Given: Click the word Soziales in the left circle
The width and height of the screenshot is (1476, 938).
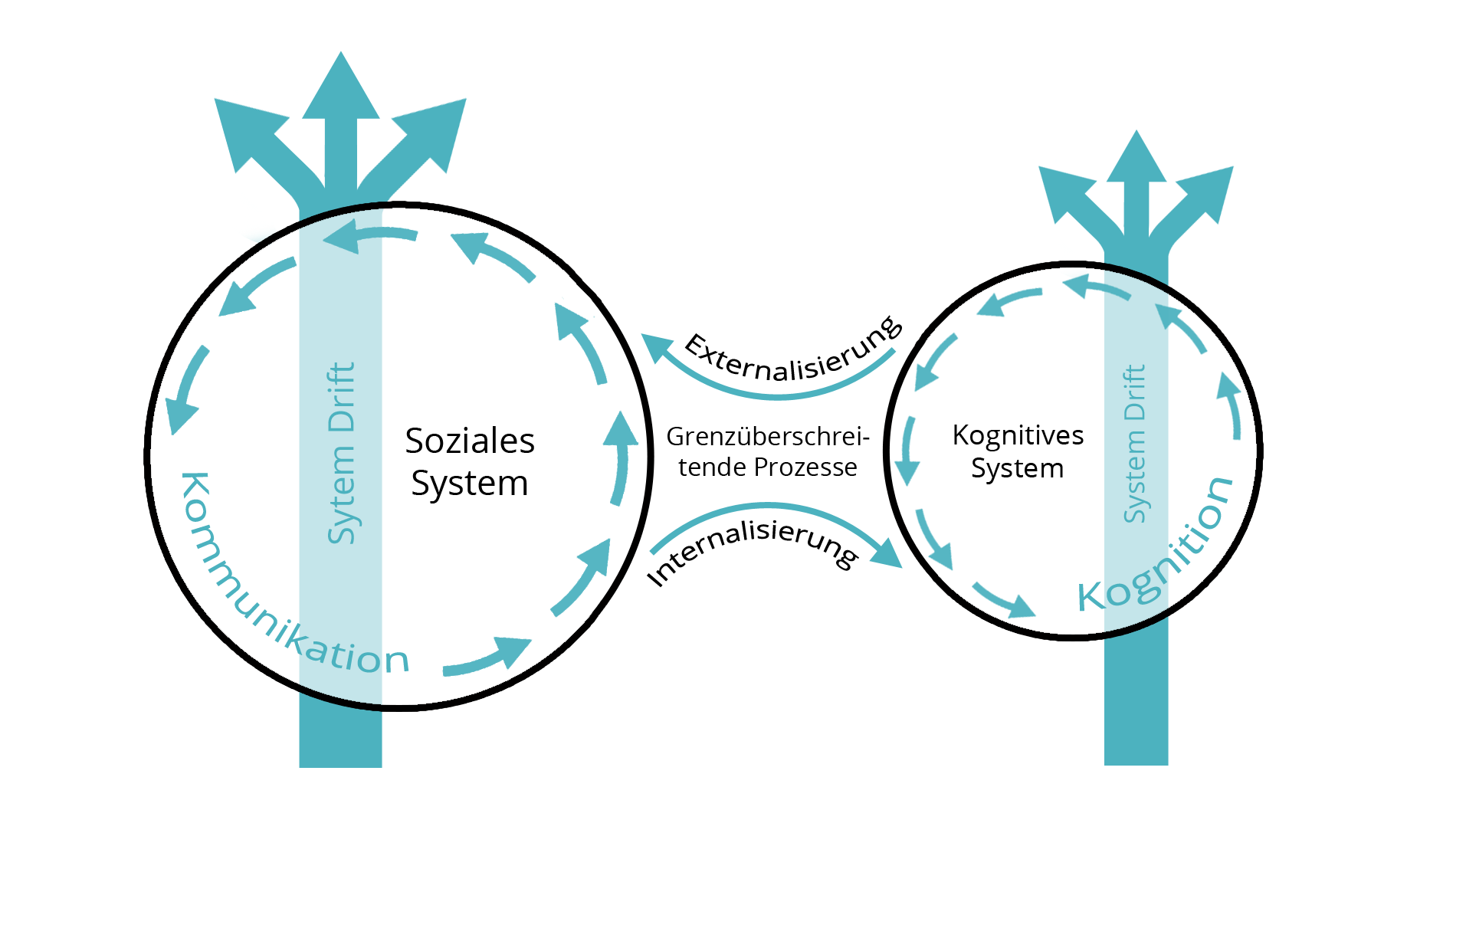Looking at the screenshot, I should [469, 441].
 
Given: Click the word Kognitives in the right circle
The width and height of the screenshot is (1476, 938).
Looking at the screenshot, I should [1018, 435].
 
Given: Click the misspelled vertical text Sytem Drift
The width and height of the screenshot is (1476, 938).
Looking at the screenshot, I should [341, 453].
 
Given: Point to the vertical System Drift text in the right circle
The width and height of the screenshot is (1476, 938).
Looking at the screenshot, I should [1134, 444].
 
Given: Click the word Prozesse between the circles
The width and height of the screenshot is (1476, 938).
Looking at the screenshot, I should [805, 467].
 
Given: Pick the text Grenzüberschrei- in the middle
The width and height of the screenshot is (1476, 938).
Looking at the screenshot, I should [767, 437].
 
